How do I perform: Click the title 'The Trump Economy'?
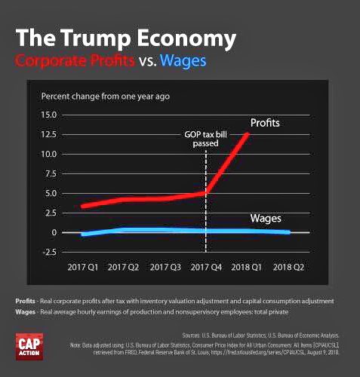pos(125,38)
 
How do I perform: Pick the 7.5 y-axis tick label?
pos(50,174)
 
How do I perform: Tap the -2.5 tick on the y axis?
pos(48,252)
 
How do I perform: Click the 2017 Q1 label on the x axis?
pos(83,268)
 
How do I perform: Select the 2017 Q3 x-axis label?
pos(165,268)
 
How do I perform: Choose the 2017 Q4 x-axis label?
pos(205,268)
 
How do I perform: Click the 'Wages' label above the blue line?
pos(265,219)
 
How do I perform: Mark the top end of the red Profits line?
pos(247,134)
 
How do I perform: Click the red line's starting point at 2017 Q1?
pos(83,206)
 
